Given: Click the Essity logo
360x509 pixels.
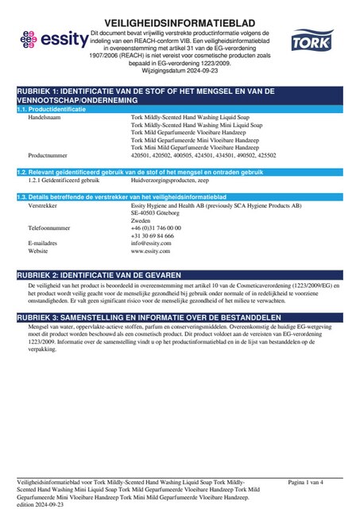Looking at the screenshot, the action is point(50,37).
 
